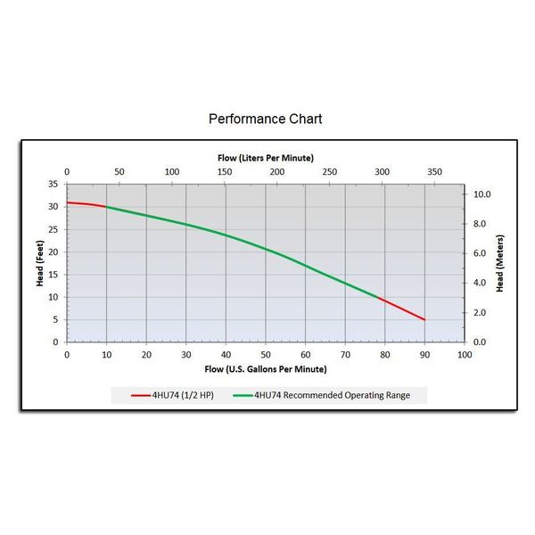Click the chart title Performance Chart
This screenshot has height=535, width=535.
[x=265, y=119]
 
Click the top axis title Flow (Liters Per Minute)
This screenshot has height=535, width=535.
[x=265, y=157]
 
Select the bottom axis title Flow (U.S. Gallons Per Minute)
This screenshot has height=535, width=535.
[x=265, y=368]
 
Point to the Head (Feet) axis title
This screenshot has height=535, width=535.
[x=40, y=263]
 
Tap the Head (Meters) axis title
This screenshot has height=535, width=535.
[x=500, y=263]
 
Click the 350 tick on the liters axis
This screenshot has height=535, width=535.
[x=434, y=172]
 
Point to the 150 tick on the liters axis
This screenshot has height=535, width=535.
[x=224, y=172]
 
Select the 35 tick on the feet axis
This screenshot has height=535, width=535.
[x=53, y=184]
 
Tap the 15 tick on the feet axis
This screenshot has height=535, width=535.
[x=53, y=275]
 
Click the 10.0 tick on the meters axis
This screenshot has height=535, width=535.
[x=481, y=194]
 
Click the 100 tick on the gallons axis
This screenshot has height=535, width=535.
[x=464, y=354]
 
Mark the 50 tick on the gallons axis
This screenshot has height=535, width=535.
[x=266, y=354]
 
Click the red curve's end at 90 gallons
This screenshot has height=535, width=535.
[x=424, y=319]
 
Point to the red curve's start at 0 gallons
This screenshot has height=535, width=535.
[x=68, y=202]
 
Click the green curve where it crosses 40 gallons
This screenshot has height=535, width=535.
[x=226, y=235]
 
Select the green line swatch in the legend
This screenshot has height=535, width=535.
[x=242, y=394]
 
